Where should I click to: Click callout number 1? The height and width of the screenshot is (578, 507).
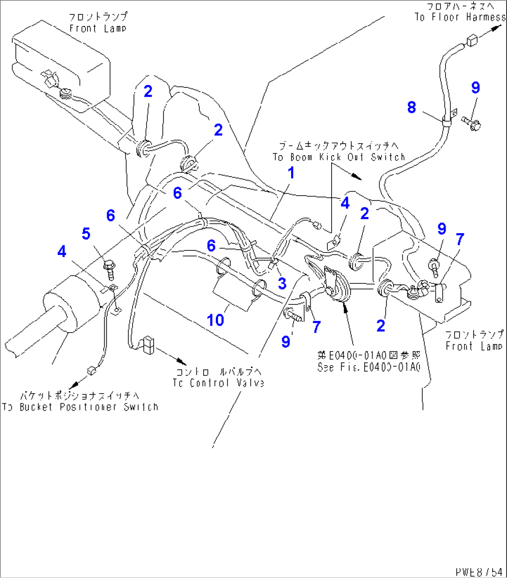pyautogui.click(x=291, y=173)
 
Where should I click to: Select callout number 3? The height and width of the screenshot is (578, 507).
pyautogui.click(x=282, y=283)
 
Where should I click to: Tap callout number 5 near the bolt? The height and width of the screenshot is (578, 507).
pyautogui.click(x=86, y=234)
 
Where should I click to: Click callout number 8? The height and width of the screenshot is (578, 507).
pyautogui.click(x=411, y=107)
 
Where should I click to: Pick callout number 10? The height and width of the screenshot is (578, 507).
pyautogui.click(x=215, y=320)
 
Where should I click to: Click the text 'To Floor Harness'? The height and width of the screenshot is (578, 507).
pyautogui.click(x=460, y=17)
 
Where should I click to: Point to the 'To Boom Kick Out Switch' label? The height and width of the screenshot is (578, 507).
pyautogui.click(x=339, y=157)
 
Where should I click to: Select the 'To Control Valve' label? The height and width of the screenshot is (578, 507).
pyautogui.click(x=218, y=383)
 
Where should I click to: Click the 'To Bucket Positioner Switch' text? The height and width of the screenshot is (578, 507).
pyautogui.click(x=80, y=407)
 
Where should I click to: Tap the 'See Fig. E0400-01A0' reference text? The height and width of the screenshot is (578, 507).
pyautogui.click(x=369, y=367)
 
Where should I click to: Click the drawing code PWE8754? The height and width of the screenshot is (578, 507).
pyautogui.click(x=479, y=571)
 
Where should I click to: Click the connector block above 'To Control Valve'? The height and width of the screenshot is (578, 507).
pyautogui.click(x=149, y=344)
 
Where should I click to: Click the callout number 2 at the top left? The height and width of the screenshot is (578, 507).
pyautogui.click(x=148, y=91)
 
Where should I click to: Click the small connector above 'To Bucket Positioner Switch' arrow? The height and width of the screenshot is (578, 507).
pyautogui.click(x=91, y=370)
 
